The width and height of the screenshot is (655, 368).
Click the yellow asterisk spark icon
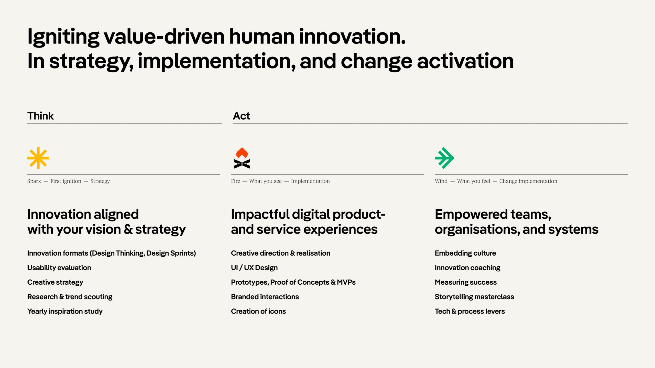(x=38, y=158)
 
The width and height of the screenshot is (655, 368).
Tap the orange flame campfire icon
(x=242, y=158)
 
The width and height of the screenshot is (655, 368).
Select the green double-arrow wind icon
(x=444, y=158)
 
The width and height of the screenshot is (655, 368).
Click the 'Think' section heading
(x=40, y=116)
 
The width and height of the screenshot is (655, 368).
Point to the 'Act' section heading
(x=241, y=116)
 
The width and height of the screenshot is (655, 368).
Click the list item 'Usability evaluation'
(x=59, y=268)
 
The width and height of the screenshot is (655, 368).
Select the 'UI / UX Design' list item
(x=254, y=268)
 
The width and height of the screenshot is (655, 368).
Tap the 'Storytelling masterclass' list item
(x=474, y=297)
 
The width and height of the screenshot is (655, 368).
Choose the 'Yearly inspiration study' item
(x=65, y=311)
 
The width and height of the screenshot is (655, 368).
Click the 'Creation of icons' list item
(x=258, y=311)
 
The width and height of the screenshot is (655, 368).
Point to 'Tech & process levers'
(x=470, y=311)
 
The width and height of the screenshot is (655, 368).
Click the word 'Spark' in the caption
(x=34, y=181)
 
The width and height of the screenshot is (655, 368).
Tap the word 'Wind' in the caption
(x=441, y=181)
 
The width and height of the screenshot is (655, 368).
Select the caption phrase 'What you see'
(x=265, y=181)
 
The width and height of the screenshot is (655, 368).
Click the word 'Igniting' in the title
(x=63, y=37)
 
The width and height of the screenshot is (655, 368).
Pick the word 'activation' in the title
(x=465, y=61)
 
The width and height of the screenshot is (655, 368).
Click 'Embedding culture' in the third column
(x=465, y=253)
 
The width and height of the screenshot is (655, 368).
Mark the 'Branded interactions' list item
(x=265, y=297)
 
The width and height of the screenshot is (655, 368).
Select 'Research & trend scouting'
(x=70, y=297)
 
